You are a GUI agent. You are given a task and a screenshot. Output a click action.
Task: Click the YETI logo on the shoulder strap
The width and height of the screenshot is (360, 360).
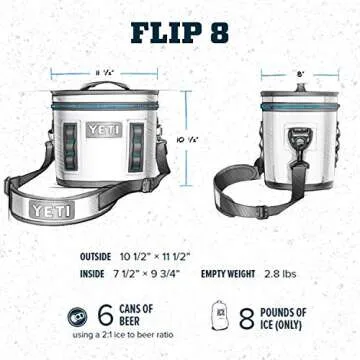[50, 209]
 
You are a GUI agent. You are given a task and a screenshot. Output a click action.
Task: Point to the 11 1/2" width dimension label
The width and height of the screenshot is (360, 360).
[103, 73]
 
